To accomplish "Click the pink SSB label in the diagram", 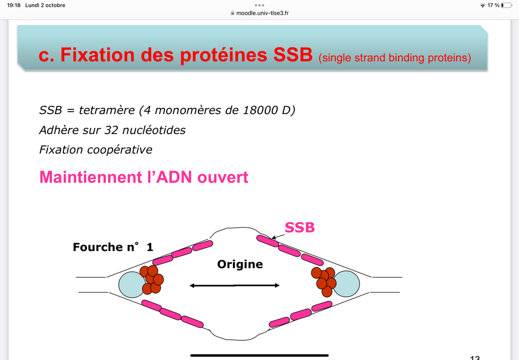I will tap(300, 227).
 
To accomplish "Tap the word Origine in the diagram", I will tap(240, 265).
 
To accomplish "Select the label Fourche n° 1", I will tap(113, 247).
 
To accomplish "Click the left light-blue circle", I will tap(132, 285).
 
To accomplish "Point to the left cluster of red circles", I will tap(152, 279).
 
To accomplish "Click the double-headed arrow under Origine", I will tap(235, 285).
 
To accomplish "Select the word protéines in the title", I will tap(225, 56).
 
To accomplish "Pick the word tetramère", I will tap(102, 110).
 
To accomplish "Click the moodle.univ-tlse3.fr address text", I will tap(262, 13).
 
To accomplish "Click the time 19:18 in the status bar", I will tap(13, 5).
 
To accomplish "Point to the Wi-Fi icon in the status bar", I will tap(483, 5).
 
